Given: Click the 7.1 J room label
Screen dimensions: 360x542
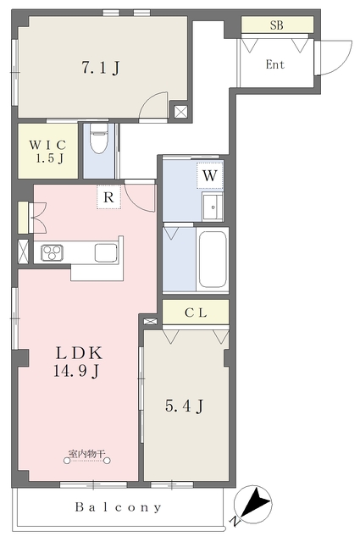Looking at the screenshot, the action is point(101,67).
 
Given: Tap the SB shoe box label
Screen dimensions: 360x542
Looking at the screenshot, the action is point(277,25).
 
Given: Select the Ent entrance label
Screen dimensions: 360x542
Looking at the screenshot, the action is point(275,64).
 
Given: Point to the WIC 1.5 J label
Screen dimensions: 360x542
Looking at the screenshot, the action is point(47,151).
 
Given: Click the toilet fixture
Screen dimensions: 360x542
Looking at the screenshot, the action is point(98,138).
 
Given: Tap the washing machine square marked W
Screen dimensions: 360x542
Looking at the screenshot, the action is point(209,175).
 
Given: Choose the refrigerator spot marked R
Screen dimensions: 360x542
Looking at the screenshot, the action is point(108,197).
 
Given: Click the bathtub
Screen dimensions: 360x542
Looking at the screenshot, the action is point(213,259).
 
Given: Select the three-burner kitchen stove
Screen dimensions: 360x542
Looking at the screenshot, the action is point(53,252).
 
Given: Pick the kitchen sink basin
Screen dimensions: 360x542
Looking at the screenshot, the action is point(106,252).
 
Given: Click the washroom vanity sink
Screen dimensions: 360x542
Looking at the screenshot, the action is point(213,207).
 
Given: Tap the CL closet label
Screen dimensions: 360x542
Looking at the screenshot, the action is point(196,312).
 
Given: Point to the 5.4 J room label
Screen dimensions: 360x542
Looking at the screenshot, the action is point(184,406).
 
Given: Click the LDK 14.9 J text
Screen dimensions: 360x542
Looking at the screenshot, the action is point(79,362).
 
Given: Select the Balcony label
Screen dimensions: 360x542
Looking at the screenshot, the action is point(119,507).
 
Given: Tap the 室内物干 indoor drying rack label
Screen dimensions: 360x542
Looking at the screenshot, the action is point(86,454).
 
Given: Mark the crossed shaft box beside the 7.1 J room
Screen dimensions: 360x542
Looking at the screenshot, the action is point(180,111).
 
